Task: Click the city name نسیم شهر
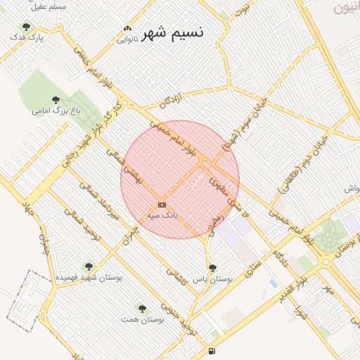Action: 173,33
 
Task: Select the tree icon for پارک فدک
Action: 26,27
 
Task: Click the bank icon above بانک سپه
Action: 162,204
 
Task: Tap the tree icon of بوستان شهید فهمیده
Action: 88,266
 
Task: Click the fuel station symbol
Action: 212,351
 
